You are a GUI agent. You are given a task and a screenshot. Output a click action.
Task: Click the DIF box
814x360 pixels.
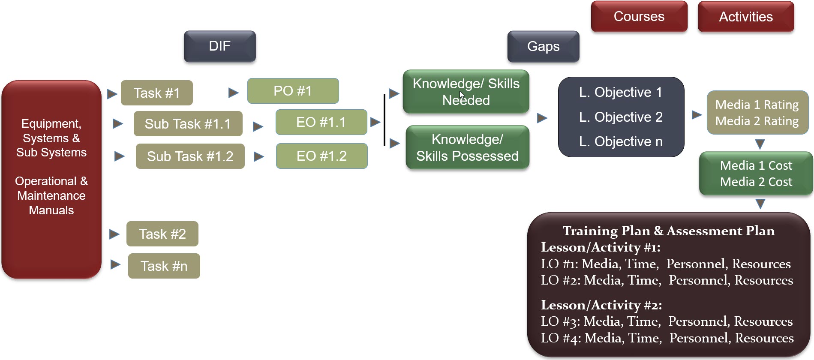pyautogui.click(x=219, y=46)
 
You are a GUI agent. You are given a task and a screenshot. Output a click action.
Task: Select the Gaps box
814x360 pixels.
pyautogui.click(x=543, y=46)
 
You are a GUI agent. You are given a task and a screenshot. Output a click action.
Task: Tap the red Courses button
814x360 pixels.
pyautogui.click(x=639, y=17)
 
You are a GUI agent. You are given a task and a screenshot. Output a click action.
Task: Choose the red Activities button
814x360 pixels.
pyautogui.click(x=746, y=17)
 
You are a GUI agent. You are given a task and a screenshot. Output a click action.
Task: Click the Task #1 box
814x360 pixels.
pyautogui.click(x=156, y=93)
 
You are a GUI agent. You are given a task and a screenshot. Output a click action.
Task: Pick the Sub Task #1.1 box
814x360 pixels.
pyautogui.click(x=188, y=124)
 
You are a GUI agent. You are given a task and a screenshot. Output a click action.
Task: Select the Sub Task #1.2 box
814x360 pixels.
pyautogui.click(x=190, y=156)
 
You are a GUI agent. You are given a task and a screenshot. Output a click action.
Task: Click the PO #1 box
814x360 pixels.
pyautogui.click(x=293, y=91)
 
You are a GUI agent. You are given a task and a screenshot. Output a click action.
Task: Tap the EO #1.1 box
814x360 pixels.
pyautogui.click(x=321, y=122)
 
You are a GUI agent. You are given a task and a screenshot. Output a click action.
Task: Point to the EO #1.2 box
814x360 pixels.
pyautogui.click(x=321, y=156)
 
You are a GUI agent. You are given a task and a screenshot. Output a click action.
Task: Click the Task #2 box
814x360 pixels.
pyautogui.click(x=162, y=234)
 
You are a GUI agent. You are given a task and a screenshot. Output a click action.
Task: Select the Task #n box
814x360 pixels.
pyautogui.click(x=164, y=266)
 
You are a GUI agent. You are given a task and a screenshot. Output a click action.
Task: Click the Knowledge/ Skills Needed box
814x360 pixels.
pyautogui.click(x=466, y=92)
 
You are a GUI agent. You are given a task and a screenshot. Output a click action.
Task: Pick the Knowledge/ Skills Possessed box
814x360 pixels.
pyautogui.click(x=467, y=147)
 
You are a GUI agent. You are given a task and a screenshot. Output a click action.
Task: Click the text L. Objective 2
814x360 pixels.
pyautogui.click(x=620, y=117)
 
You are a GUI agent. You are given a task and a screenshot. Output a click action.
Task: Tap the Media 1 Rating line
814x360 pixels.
pyautogui.click(x=757, y=105)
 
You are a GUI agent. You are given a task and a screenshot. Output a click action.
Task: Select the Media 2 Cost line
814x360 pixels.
pyautogui.click(x=756, y=182)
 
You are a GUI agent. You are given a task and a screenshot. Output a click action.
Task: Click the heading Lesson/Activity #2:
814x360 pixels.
pyautogui.click(x=601, y=305)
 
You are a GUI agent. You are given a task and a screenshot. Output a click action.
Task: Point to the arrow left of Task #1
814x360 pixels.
pyautogui.click(x=112, y=93)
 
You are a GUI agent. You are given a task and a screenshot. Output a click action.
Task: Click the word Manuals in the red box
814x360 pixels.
pyautogui.click(x=51, y=210)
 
